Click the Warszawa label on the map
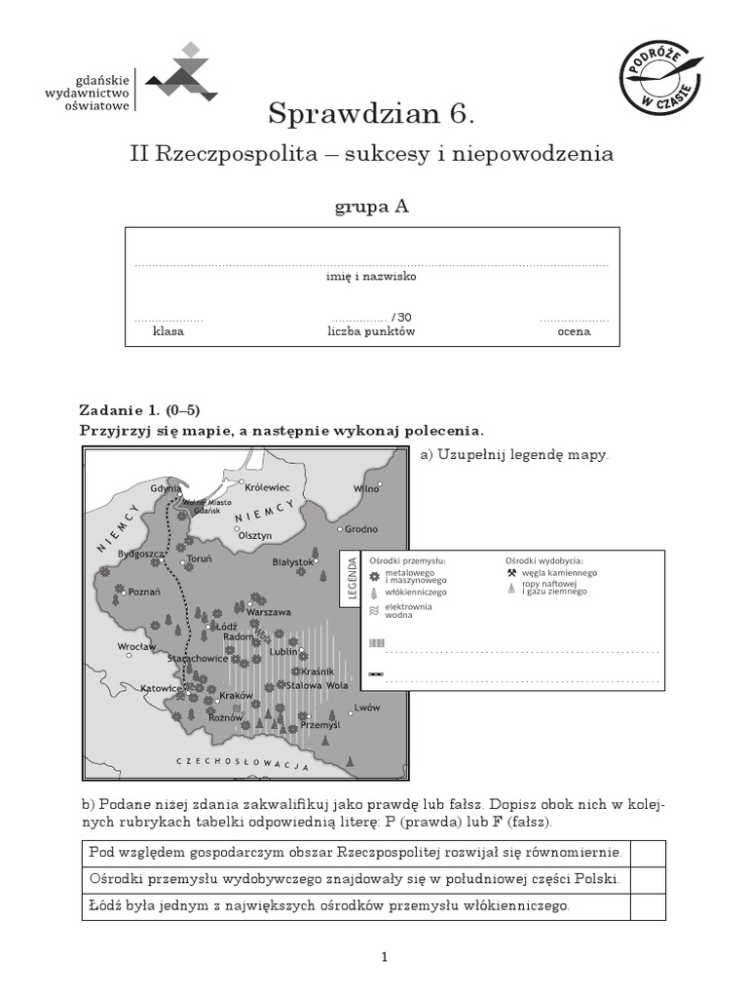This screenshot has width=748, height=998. [270, 612]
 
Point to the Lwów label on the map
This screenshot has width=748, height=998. [367, 706]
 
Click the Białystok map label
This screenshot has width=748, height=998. [292, 562]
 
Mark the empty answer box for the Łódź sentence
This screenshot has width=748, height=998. [648, 906]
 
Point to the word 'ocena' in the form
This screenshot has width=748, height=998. [574, 331]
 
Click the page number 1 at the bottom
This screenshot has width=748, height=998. [386, 958]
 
